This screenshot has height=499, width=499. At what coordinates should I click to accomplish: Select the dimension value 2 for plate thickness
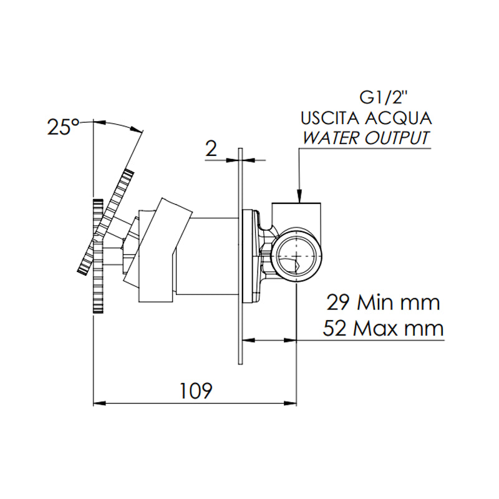(211, 148)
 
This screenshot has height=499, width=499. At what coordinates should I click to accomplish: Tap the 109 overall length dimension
(196, 390)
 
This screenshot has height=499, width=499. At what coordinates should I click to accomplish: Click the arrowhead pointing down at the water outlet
(300, 197)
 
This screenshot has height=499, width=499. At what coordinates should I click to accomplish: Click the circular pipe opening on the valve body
(296, 256)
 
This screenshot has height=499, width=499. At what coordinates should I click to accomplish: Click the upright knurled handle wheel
(98, 256)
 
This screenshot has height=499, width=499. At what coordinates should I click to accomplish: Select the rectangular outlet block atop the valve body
(298, 212)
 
